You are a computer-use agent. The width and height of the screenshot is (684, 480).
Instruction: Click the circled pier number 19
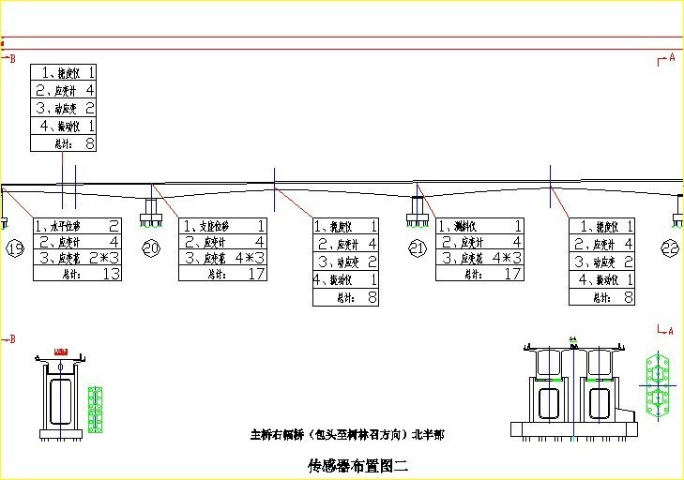[x=15, y=248]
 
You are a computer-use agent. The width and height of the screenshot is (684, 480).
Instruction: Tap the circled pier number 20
[x=151, y=247]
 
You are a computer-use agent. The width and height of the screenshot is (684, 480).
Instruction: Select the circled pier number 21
[x=418, y=247]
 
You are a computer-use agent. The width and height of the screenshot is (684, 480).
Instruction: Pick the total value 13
[x=110, y=274]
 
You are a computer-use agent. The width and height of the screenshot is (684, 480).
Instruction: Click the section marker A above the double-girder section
[x=669, y=330]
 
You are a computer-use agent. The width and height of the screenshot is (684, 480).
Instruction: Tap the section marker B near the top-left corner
[x=12, y=59]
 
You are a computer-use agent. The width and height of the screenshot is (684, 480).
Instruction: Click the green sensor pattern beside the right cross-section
[x=658, y=383]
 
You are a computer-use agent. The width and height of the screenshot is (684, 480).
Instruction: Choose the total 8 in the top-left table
[x=90, y=143]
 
